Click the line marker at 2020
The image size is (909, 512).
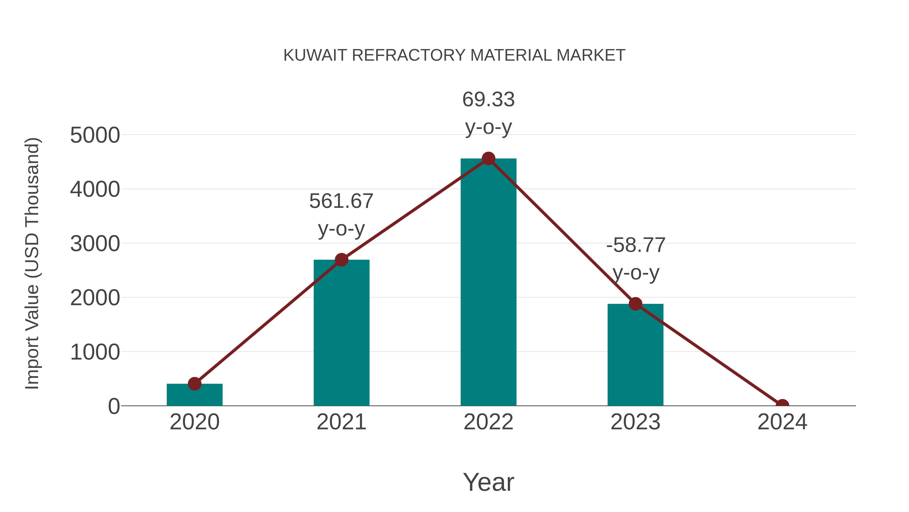pyautogui.click(x=194, y=383)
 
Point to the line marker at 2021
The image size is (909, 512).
pyautogui.click(x=341, y=260)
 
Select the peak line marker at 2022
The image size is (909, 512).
pyautogui.click(x=488, y=159)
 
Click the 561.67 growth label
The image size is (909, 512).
pyautogui.click(x=341, y=202)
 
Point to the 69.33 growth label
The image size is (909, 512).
pyautogui.click(x=488, y=100)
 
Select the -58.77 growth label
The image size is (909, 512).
pyautogui.click(x=636, y=245)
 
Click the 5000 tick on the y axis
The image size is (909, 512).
pyautogui.click(x=95, y=135)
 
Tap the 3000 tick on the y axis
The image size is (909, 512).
pyautogui.click(x=95, y=244)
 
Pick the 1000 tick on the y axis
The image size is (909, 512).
pyautogui.click(x=95, y=352)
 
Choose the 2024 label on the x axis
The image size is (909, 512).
pyautogui.click(x=782, y=422)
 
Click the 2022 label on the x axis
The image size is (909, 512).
pyautogui.click(x=488, y=422)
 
